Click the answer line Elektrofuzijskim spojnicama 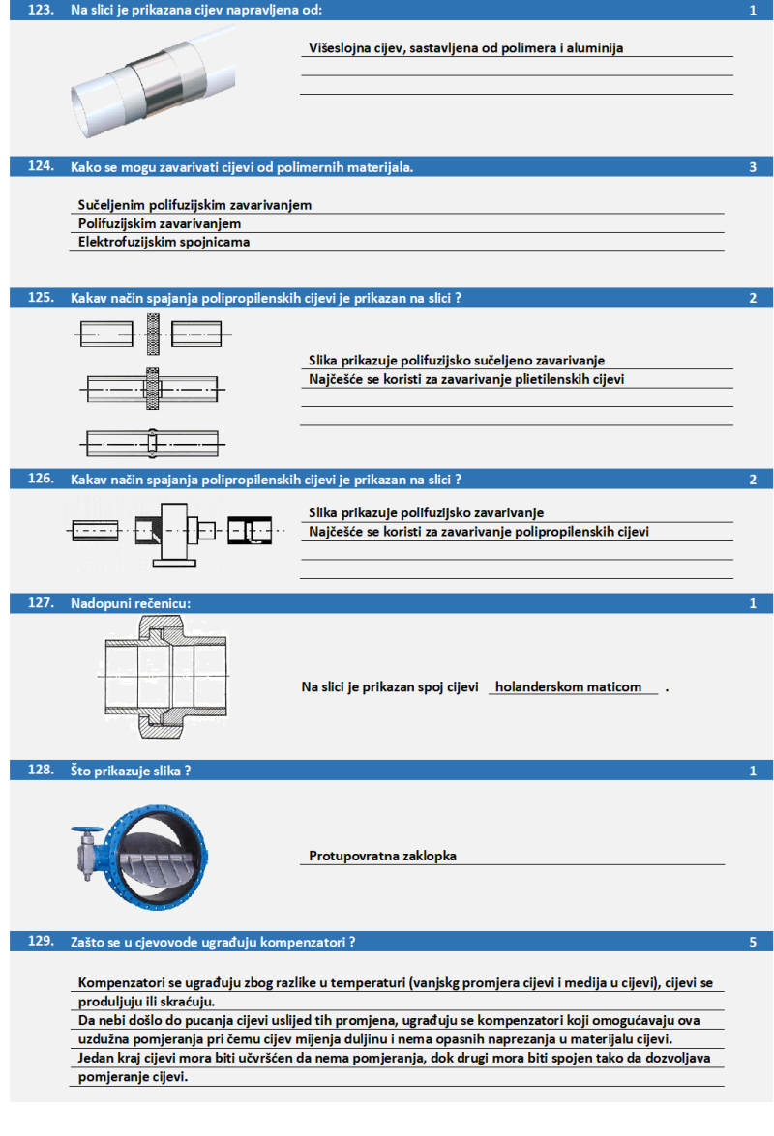[164, 242]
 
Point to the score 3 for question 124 [753, 166]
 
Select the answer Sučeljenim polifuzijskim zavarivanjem [194, 205]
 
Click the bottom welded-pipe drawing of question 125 [152, 443]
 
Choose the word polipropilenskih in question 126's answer [551, 532]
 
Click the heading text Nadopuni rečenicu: [131, 603]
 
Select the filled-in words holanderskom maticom [568, 687]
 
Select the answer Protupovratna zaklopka [382, 856]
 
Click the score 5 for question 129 [753, 940]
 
